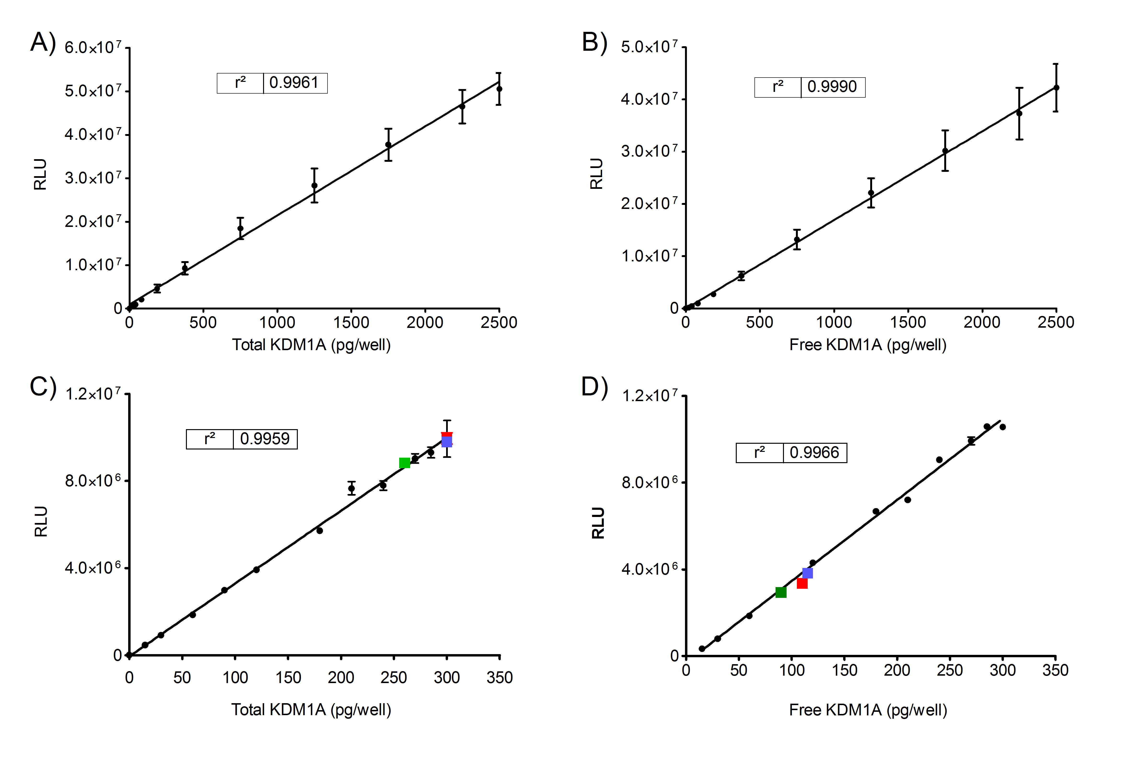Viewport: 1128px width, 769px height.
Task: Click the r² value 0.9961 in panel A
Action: pos(294,83)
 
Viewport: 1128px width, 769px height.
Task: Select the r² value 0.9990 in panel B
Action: pos(832,87)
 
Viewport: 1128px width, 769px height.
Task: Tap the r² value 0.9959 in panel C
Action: pos(265,439)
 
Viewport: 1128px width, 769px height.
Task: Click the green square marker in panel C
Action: pos(404,463)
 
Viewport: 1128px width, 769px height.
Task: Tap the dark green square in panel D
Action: pos(781,592)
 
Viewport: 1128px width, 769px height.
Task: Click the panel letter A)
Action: pos(43,42)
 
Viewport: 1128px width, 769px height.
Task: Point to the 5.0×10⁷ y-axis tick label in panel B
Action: pos(649,47)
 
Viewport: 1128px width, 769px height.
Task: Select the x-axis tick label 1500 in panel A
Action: pos(351,322)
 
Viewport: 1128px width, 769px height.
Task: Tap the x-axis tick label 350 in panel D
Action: pos(1055,670)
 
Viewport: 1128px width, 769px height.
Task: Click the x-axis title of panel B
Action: pos(867,345)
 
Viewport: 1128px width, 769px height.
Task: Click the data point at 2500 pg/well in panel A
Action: pos(499,89)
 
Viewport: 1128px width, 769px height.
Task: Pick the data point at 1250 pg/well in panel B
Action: pos(871,192)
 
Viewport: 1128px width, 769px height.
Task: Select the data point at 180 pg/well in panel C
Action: pos(319,530)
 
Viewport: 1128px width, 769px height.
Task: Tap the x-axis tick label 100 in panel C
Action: pos(235,677)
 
